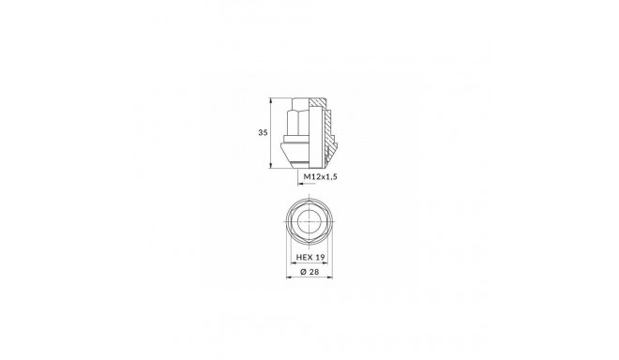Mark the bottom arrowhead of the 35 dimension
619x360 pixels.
272,164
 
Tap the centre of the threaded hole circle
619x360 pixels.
309,223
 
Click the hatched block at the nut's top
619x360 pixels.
318,102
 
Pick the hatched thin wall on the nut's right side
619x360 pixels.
329,131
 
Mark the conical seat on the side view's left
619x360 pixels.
289,150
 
